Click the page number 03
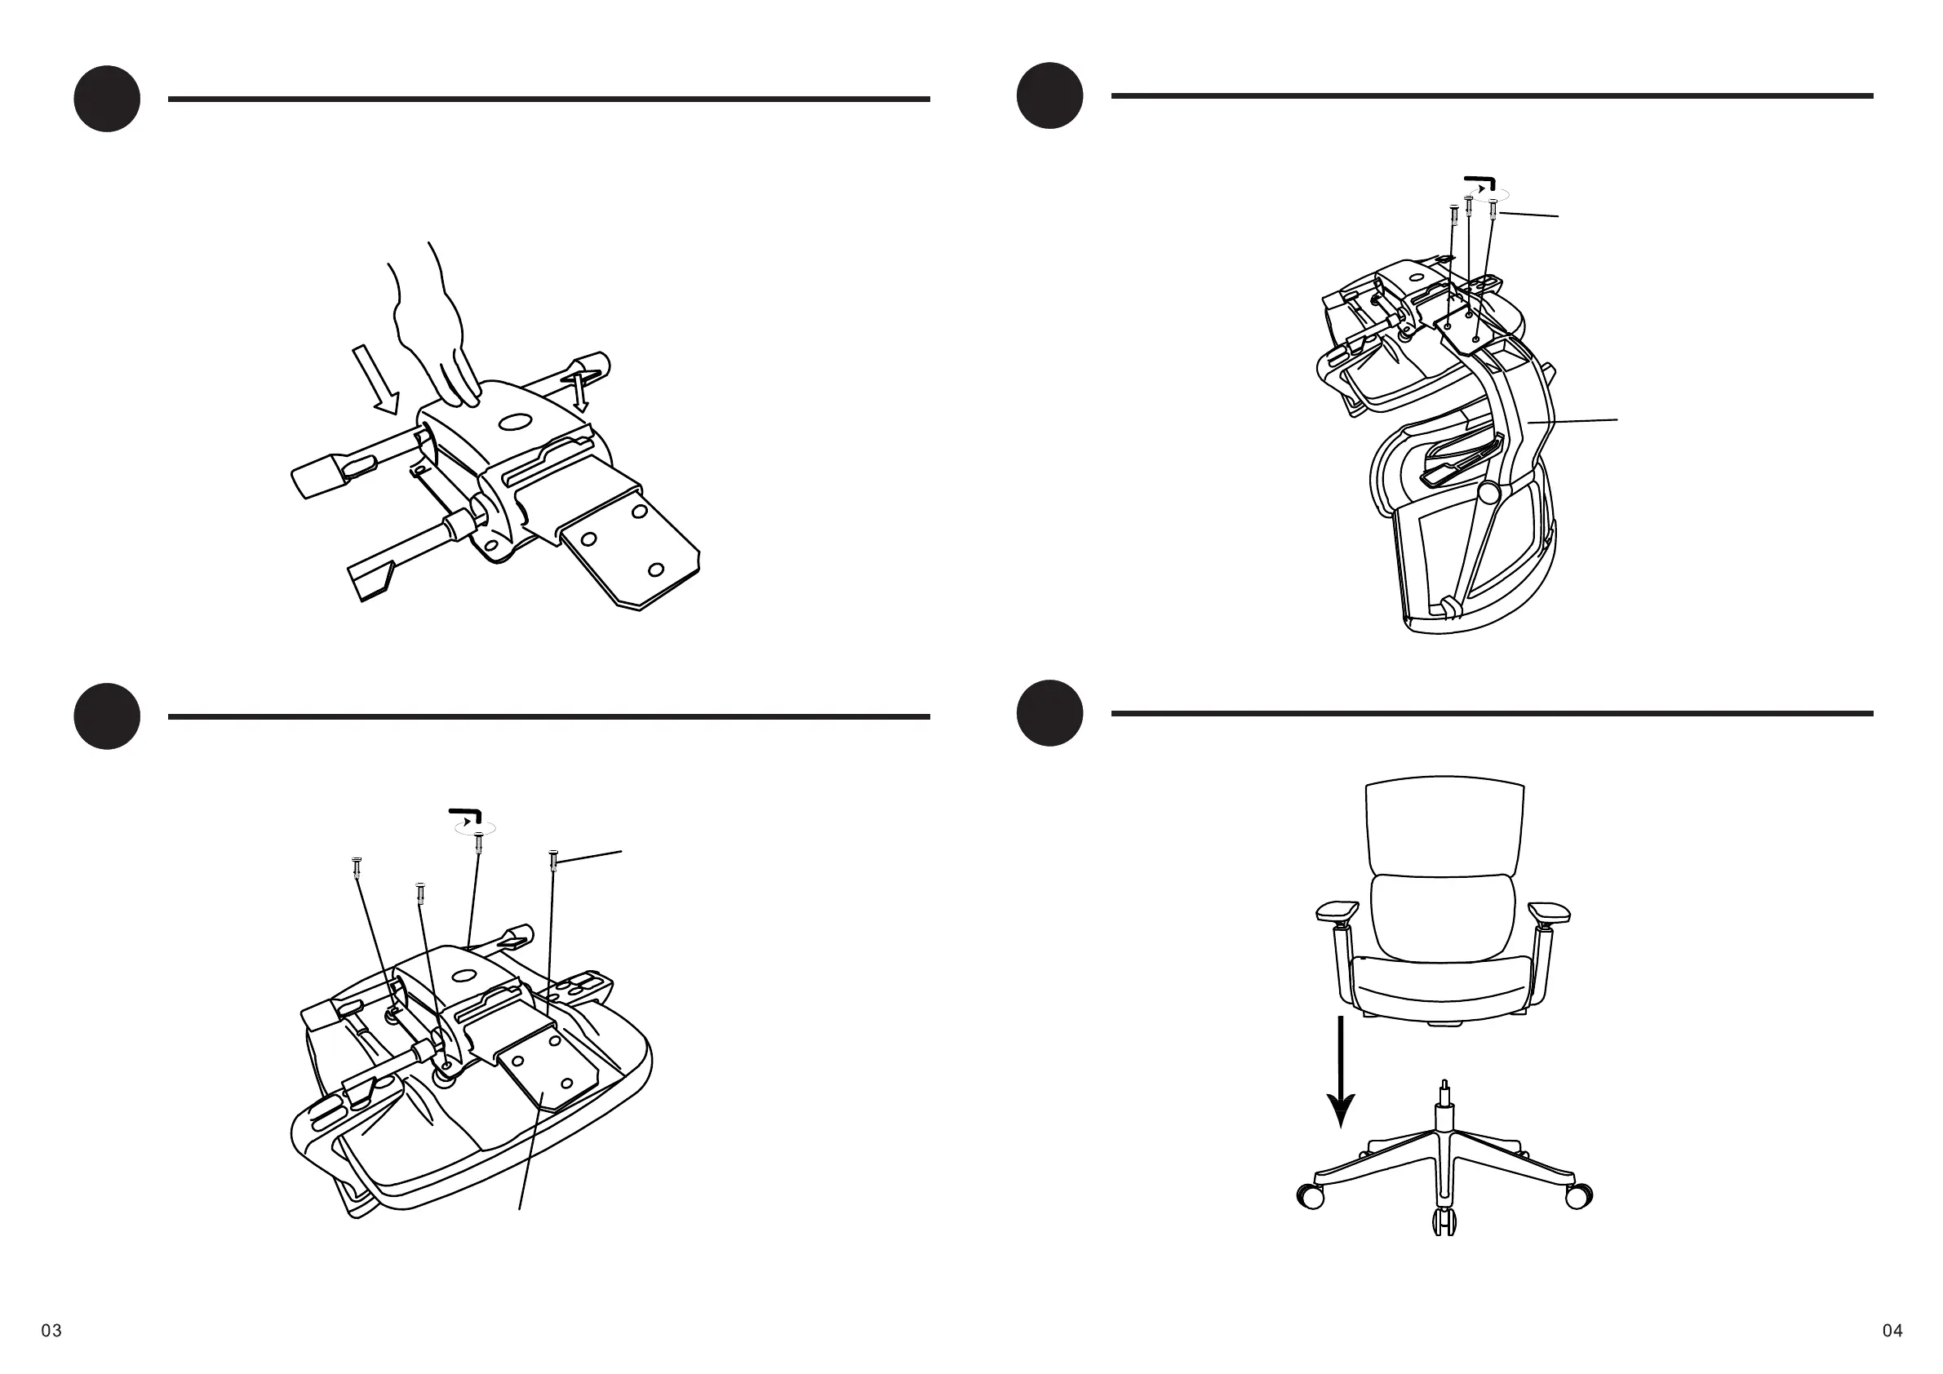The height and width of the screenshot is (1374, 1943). point(51,1331)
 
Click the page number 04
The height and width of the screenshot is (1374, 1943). point(1892,1331)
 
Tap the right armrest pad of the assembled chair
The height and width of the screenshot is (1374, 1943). point(1550,912)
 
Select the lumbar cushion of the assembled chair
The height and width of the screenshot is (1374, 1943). point(1443,916)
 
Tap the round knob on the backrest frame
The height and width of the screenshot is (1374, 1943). point(1489,491)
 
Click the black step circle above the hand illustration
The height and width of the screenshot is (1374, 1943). point(107,99)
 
